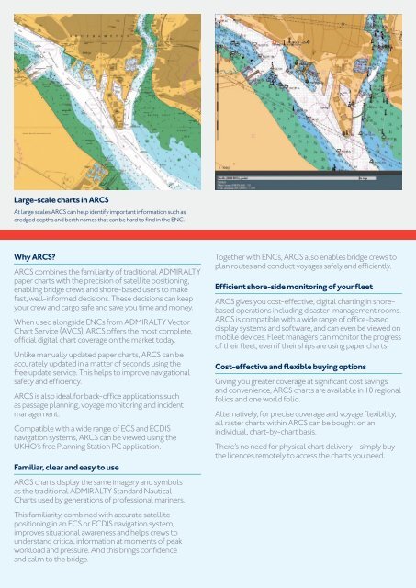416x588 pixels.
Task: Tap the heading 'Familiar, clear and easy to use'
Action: tap(74, 468)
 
